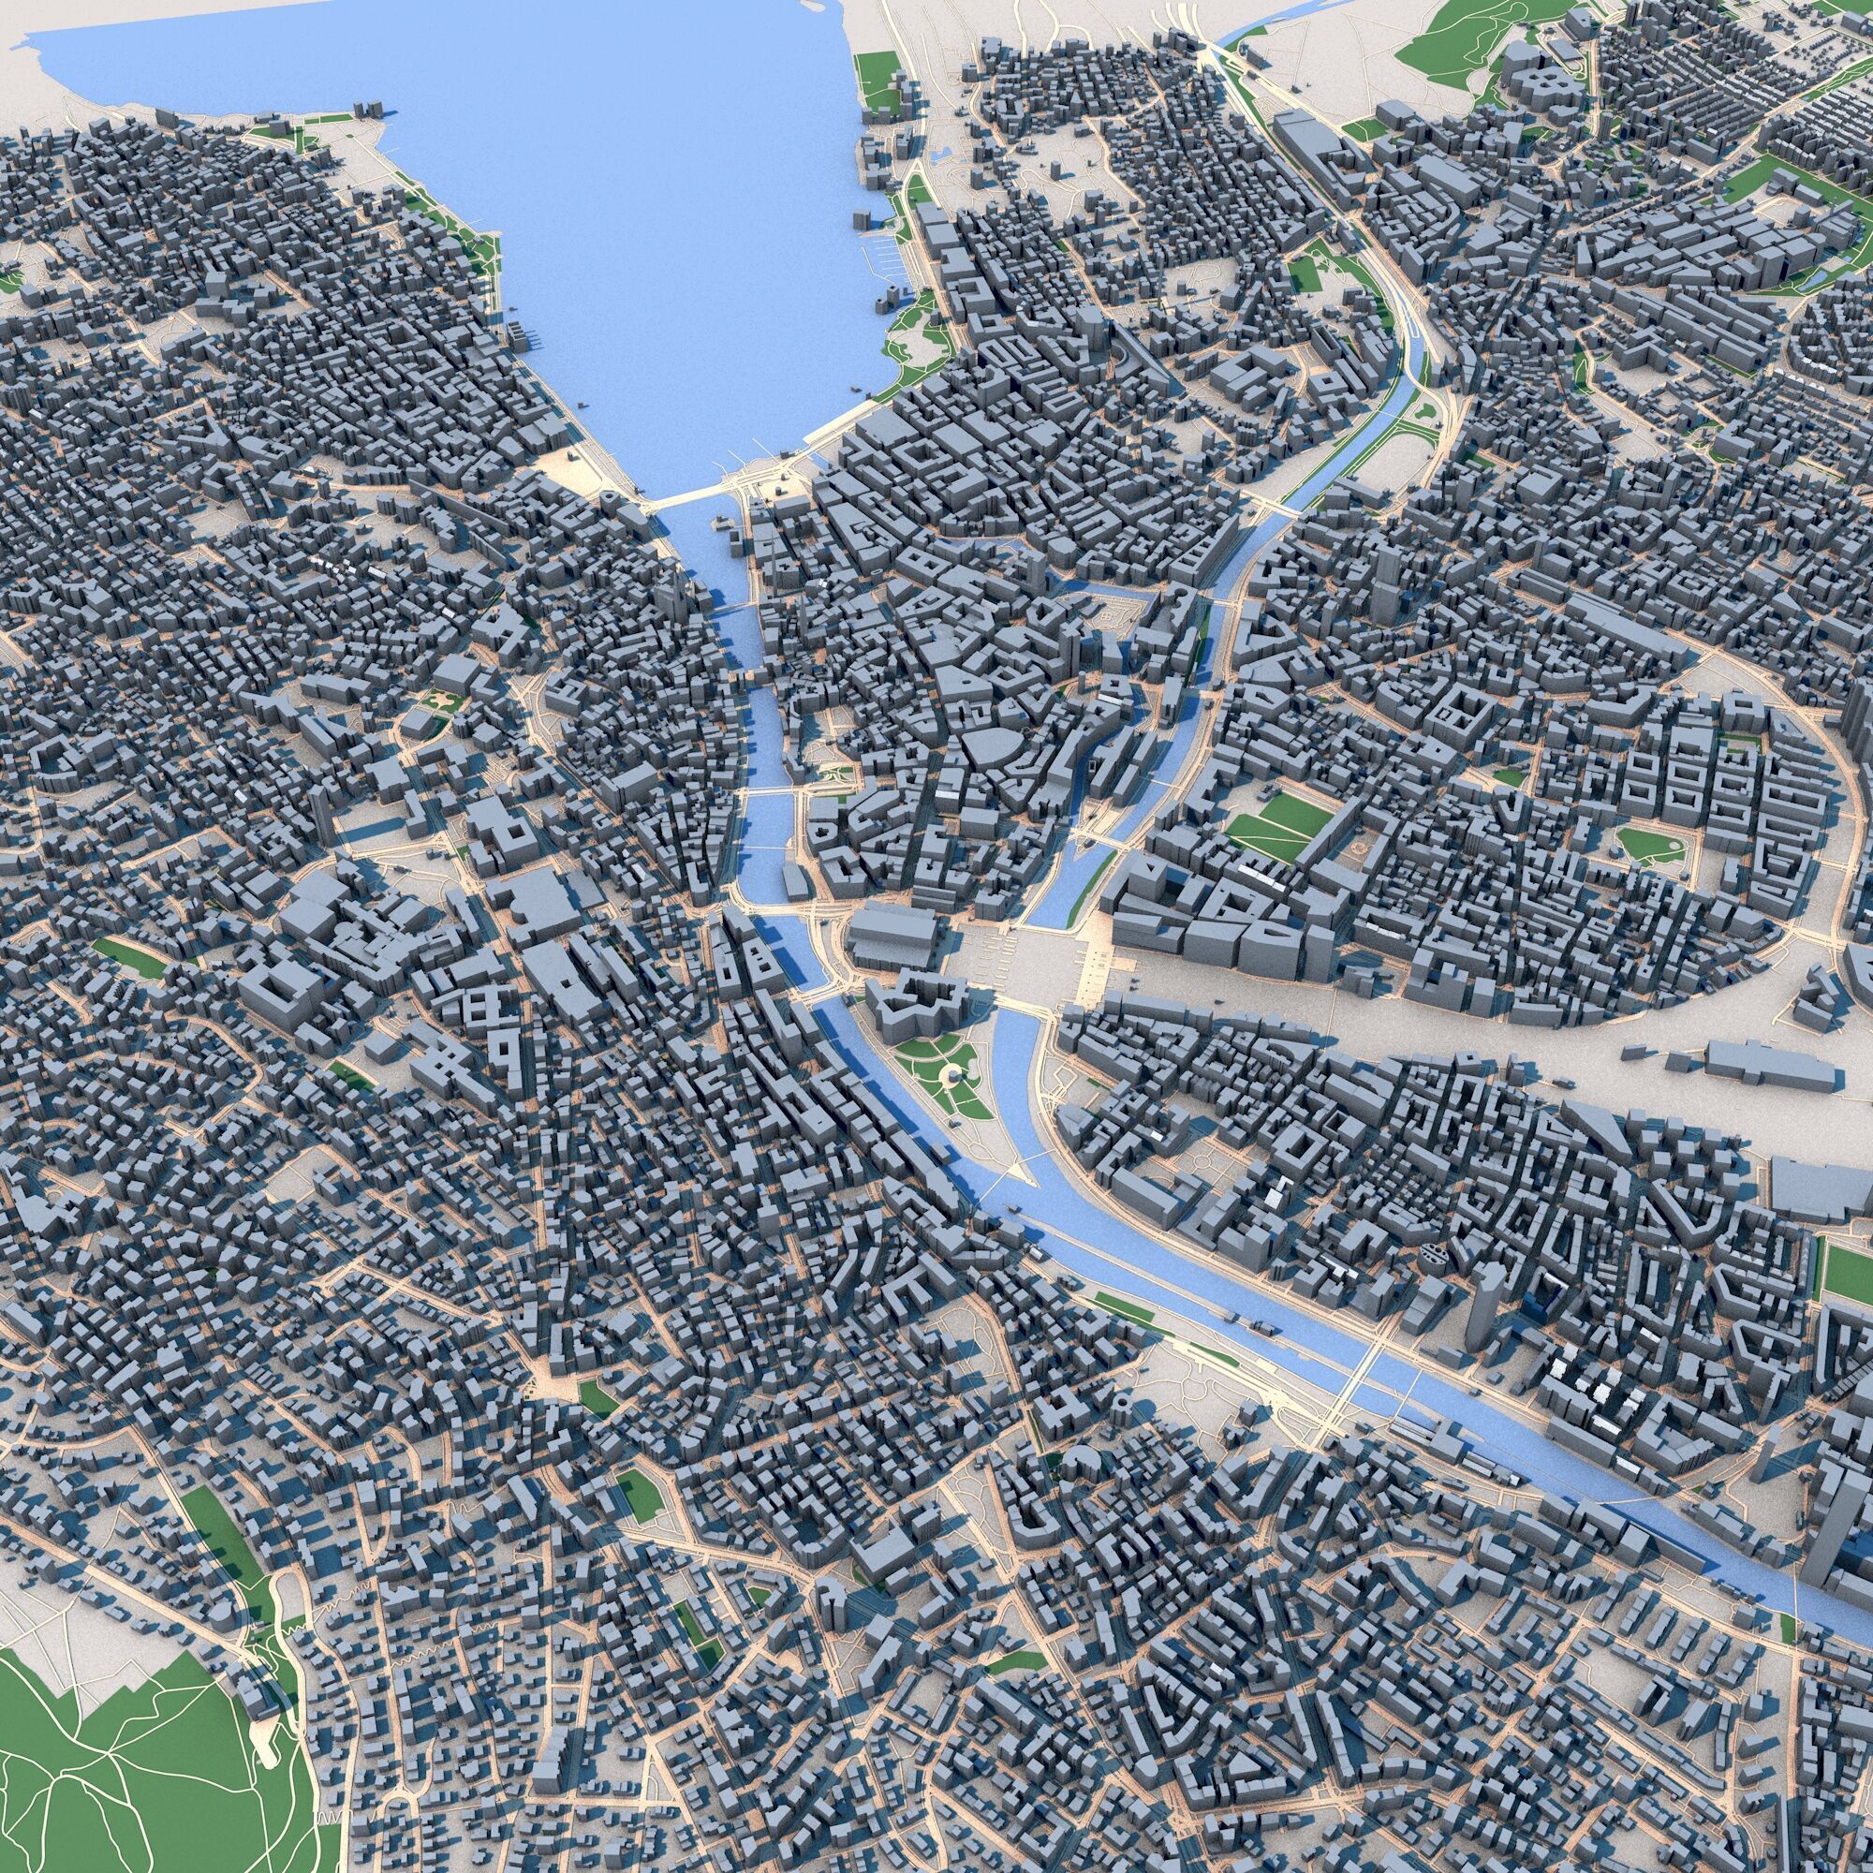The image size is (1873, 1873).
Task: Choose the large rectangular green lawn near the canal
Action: point(1279,824)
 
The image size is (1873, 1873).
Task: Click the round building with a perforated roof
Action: point(1433,1254)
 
